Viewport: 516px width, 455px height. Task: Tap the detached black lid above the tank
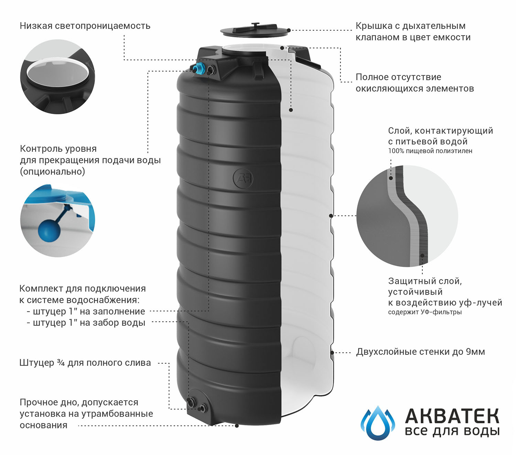pyautogui.click(x=255, y=30)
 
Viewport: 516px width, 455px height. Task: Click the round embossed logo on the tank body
pyautogui.click(x=243, y=178)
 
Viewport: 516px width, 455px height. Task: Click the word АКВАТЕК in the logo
pyautogui.click(x=452, y=416)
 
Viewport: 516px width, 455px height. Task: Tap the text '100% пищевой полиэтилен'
pyautogui.click(x=430, y=151)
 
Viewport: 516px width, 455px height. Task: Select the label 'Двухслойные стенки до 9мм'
pyautogui.click(x=420, y=352)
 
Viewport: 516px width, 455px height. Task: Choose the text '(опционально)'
pyautogui.click(x=53, y=171)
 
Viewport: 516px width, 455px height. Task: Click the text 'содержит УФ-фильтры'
pyautogui.click(x=425, y=312)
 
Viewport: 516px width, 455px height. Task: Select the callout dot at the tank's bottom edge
pyautogui.click(x=237, y=426)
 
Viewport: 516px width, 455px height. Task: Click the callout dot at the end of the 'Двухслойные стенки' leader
pyautogui.click(x=332, y=352)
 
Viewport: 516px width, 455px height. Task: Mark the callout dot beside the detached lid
pyautogui.click(x=289, y=30)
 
